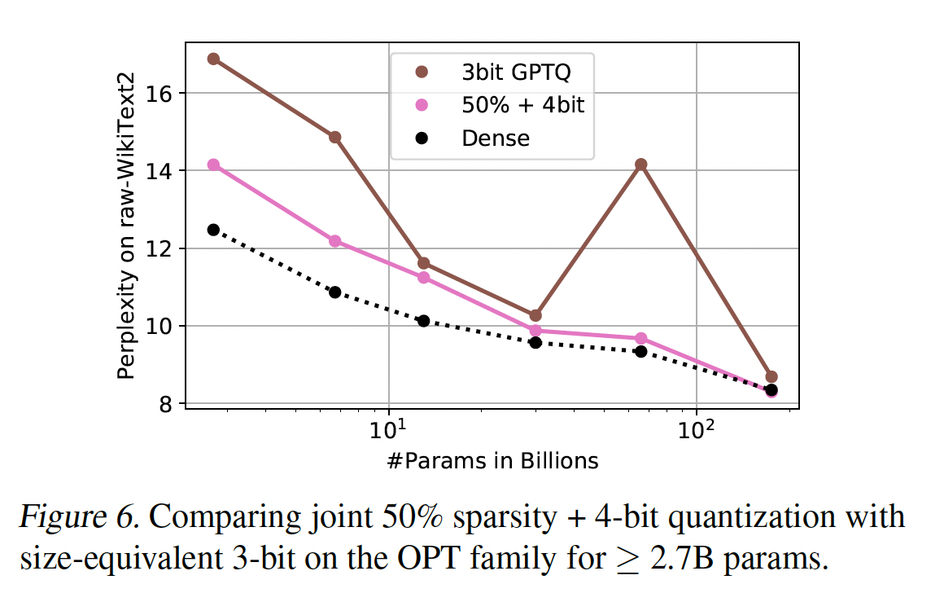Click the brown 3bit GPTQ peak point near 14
pyautogui.click(x=640, y=165)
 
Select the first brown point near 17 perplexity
pyautogui.click(x=213, y=59)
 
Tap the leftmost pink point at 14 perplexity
pyautogui.click(x=213, y=165)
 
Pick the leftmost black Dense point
pyautogui.click(x=213, y=230)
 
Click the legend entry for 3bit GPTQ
pyautogui.click(x=516, y=72)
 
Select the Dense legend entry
pyautogui.click(x=495, y=138)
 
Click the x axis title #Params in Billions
pyautogui.click(x=493, y=461)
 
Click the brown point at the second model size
pyautogui.click(x=334, y=137)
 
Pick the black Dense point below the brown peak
pyautogui.click(x=640, y=351)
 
